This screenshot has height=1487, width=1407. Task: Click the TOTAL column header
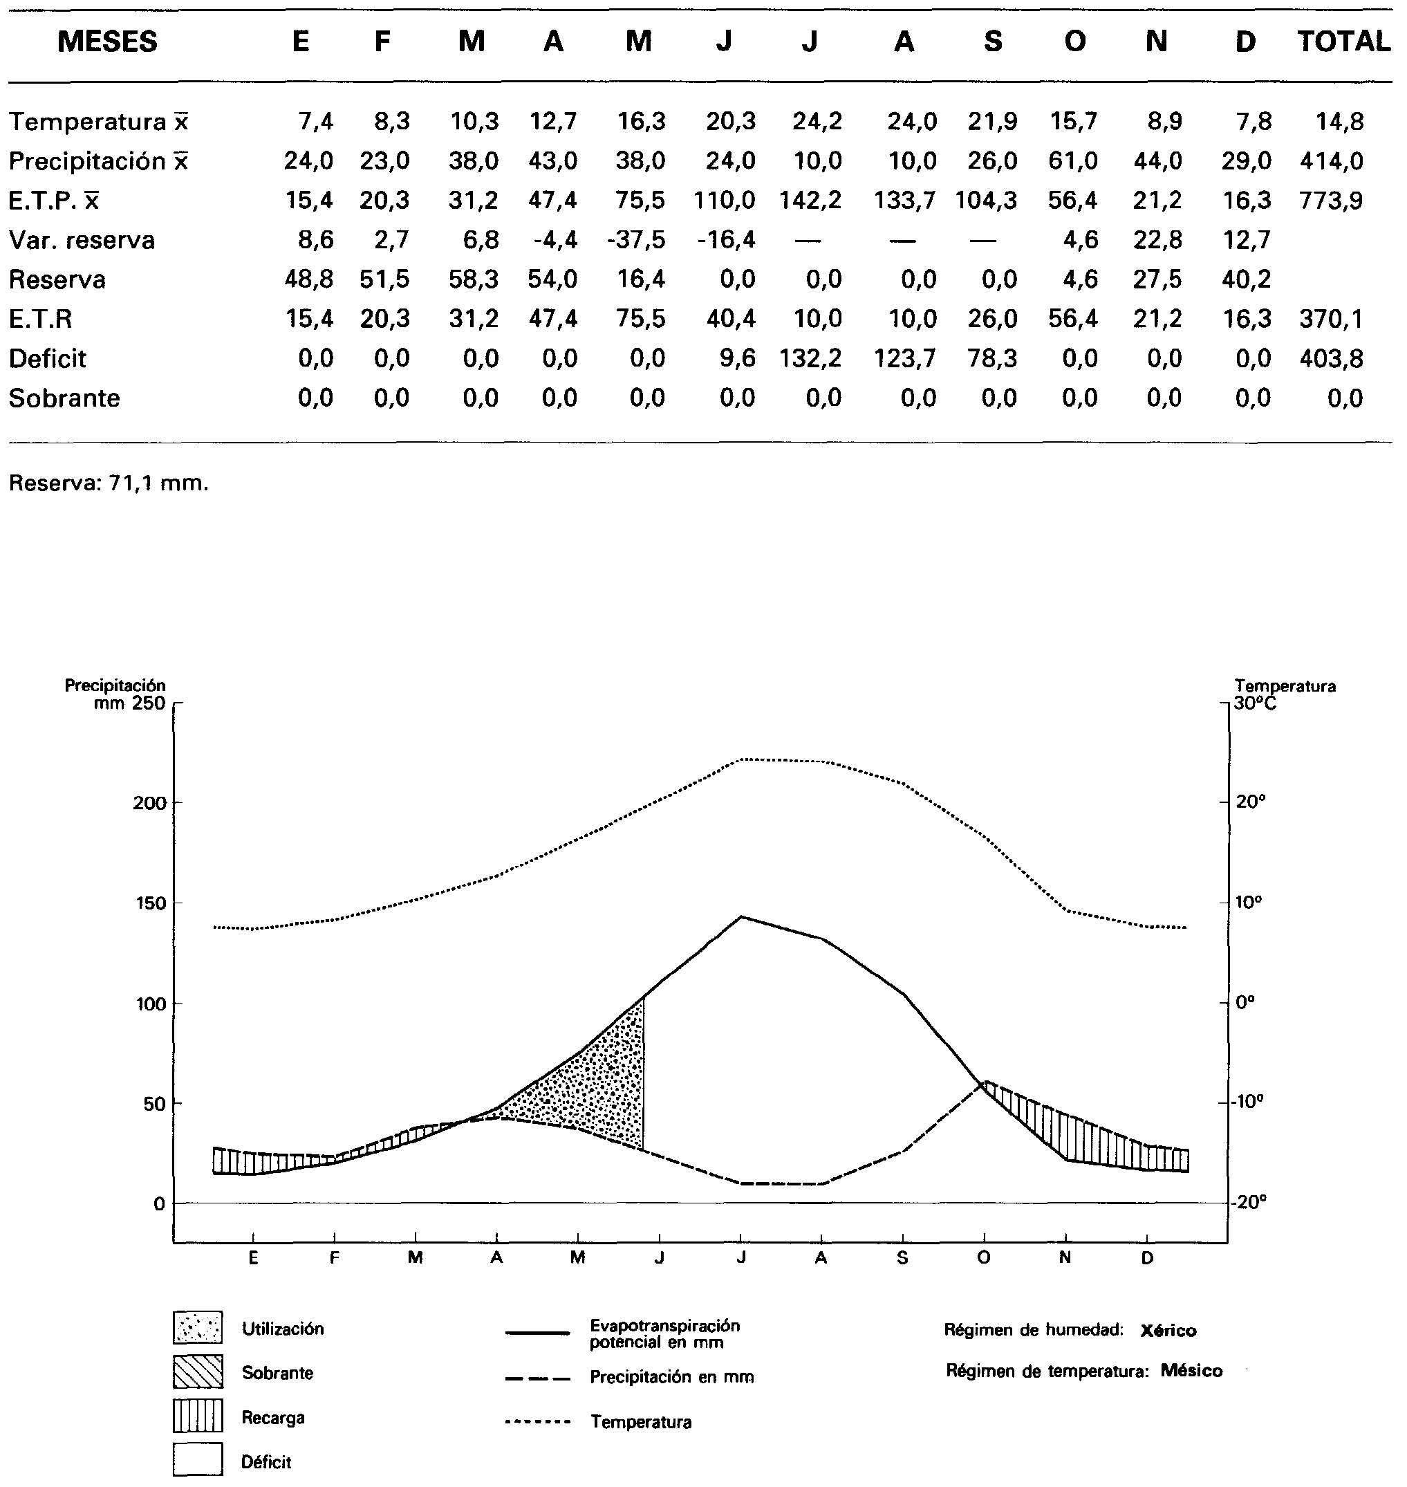(x=1343, y=41)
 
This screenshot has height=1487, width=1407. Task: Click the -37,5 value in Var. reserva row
(x=636, y=240)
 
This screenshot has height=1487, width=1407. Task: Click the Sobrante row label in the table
(x=64, y=398)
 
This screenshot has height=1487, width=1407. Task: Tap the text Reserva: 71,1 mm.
(x=109, y=483)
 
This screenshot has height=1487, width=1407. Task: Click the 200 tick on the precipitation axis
(x=149, y=804)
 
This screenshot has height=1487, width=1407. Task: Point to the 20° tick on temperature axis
(x=1250, y=802)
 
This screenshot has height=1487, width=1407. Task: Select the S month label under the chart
(x=902, y=1258)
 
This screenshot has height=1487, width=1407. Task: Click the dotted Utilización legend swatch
(x=198, y=1327)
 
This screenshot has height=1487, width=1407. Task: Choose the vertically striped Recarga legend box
(x=198, y=1416)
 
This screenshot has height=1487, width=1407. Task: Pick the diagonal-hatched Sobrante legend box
(x=198, y=1371)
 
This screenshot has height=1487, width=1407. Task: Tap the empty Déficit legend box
(x=198, y=1460)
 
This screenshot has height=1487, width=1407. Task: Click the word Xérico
(x=1168, y=1331)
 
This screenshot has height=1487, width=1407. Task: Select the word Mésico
(x=1191, y=1371)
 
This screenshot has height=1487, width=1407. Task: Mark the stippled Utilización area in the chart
(x=600, y=1080)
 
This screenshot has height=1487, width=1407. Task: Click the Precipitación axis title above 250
(x=115, y=685)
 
